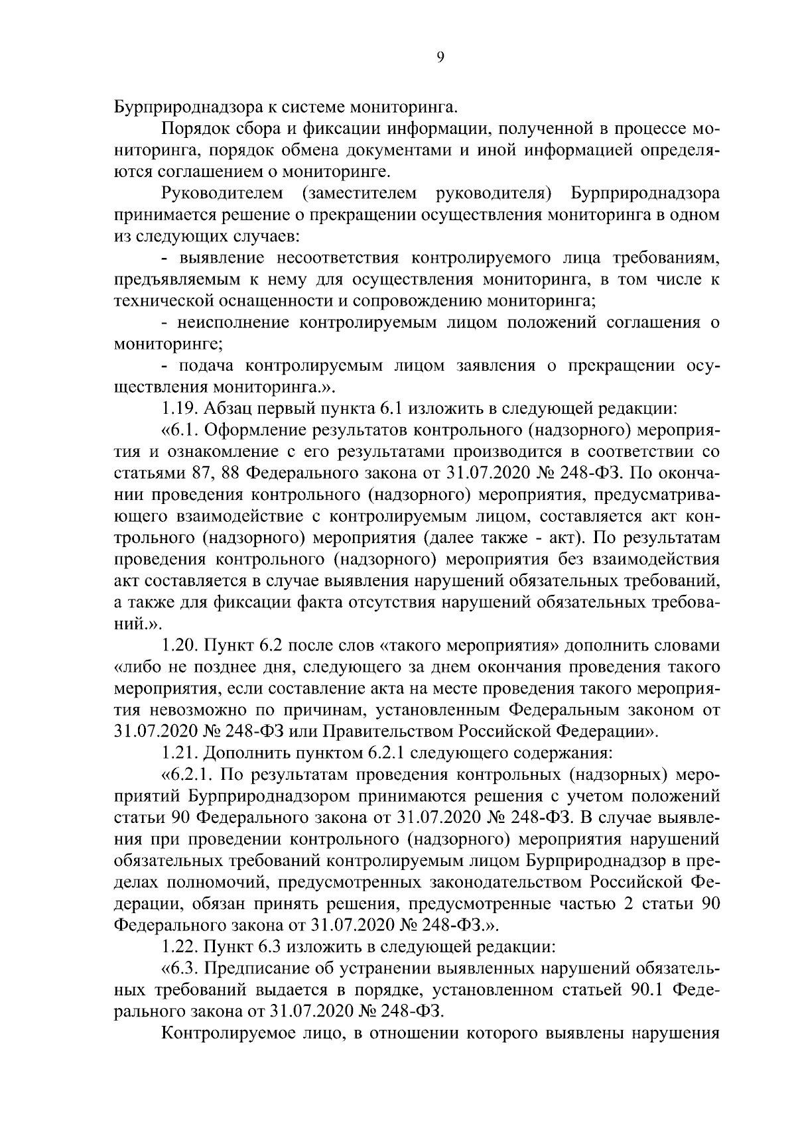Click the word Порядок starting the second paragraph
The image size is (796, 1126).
click(x=192, y=128)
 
